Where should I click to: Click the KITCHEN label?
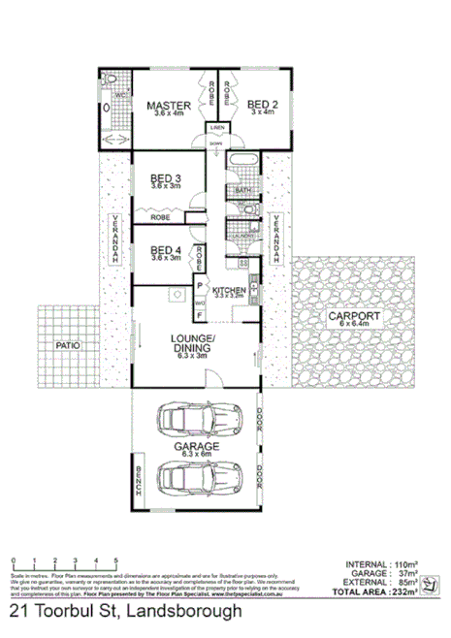click(229, 290)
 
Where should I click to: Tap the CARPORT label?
click(352, 316)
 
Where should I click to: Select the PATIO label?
click(66, 344)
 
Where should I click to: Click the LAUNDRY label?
click(242, 236)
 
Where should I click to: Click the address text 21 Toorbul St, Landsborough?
click(126, 612)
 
